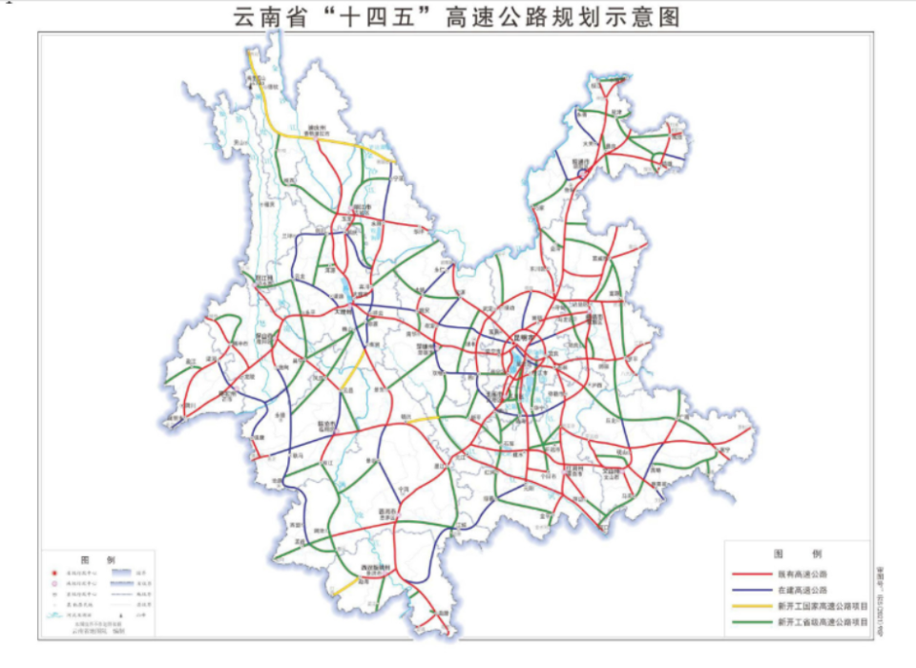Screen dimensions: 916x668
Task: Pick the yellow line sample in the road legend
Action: [x=750, y=606]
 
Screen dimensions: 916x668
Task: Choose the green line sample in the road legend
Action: [x=750, y=622]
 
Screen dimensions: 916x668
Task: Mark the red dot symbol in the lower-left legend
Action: [x=54, y=574]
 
